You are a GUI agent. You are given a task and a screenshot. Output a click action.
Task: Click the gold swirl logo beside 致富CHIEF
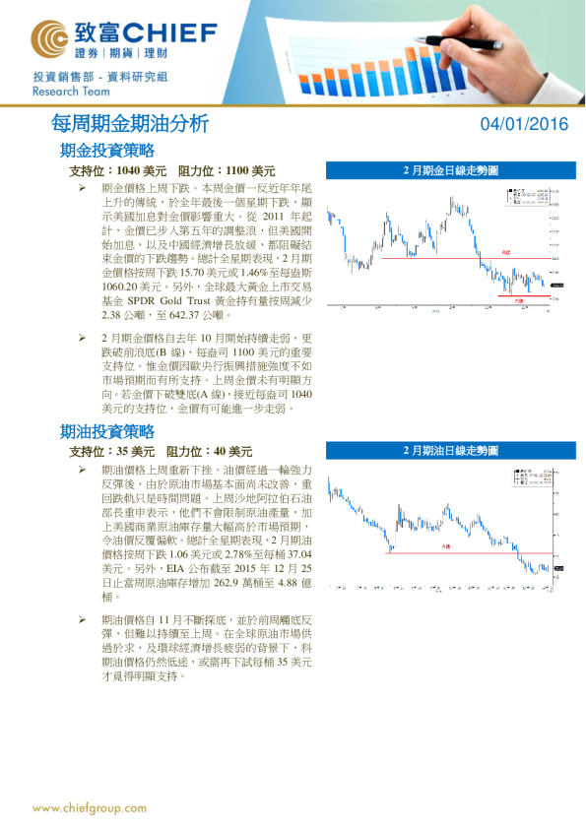49,38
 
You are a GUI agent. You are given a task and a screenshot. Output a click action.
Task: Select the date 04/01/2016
524,124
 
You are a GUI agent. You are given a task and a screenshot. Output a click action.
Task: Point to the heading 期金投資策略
107,151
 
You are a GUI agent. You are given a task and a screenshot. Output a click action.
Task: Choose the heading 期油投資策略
107,431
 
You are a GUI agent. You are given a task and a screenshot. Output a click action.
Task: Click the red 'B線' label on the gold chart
506,253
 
